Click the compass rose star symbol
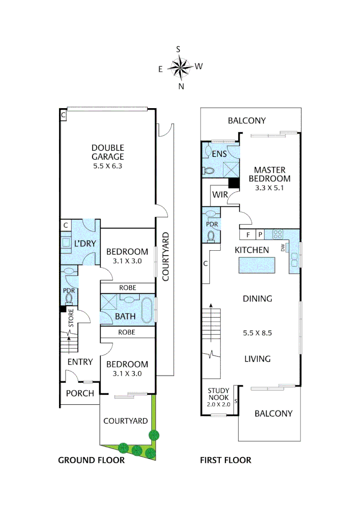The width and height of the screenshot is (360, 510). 179,67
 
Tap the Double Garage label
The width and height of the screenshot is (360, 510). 108,152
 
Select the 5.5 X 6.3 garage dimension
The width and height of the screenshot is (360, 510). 108,166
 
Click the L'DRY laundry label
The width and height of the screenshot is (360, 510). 85,244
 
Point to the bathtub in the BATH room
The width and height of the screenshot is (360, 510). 146,310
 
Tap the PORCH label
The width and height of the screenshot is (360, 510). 80,393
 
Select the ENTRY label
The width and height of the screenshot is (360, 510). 80,362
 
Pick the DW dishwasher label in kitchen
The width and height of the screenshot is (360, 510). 283,248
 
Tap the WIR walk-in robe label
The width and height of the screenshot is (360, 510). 220,194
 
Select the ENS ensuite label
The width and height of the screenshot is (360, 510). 219,153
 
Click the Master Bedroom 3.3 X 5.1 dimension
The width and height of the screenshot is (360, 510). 271,188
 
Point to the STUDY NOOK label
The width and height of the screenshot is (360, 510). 218,393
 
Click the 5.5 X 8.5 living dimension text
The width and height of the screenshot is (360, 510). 257,332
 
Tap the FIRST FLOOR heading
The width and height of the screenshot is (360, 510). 226,460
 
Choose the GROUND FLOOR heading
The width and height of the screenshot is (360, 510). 91,460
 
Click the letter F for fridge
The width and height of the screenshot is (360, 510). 248,234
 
